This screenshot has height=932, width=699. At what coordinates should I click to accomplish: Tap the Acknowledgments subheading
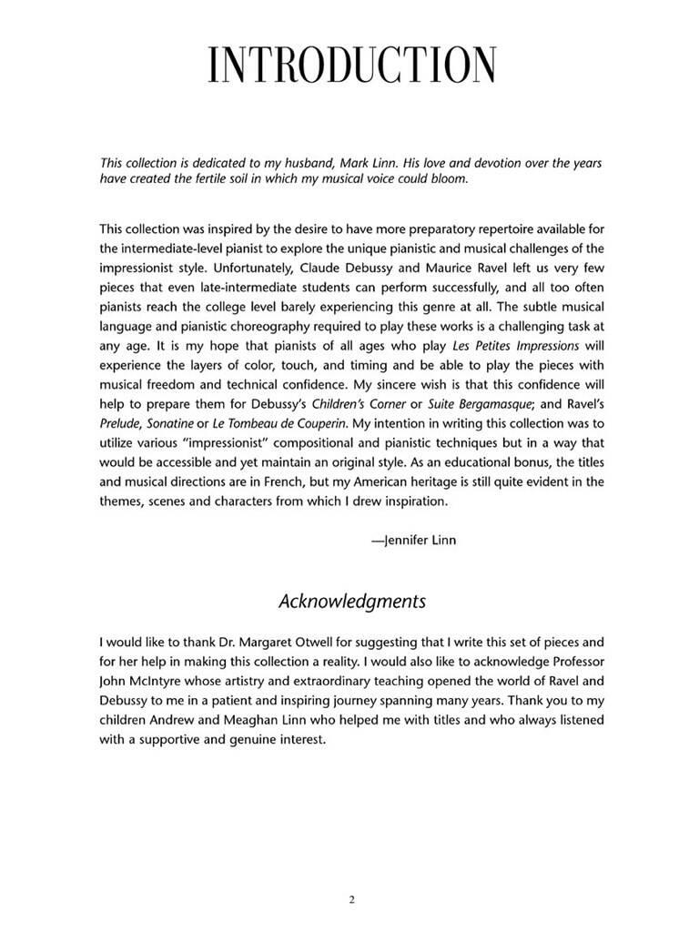351,602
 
